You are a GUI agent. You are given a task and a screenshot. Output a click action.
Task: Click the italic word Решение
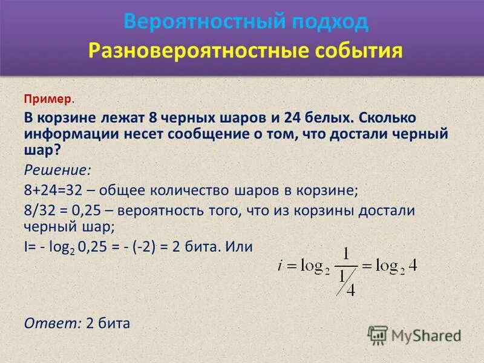pyautogui.click(x=57, y=169)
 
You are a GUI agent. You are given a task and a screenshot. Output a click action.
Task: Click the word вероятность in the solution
pyautogui.click(x=160, y=211)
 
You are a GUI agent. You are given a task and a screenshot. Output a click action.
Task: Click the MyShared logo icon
pyautogui.click(x=378, y=335)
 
